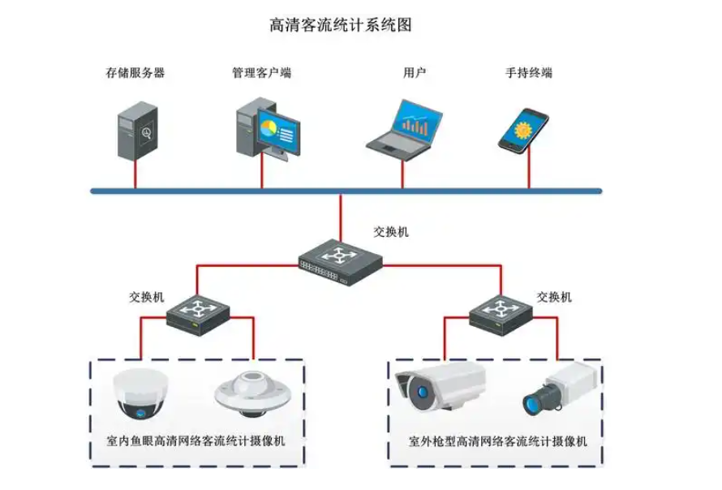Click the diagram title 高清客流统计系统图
341,25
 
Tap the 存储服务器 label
135,73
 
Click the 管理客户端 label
261,73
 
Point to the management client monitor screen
280,130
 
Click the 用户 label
415,73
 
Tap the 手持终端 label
529,73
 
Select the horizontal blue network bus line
346,191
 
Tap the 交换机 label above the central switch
391,232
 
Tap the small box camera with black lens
559,389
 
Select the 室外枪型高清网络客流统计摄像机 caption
497,443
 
